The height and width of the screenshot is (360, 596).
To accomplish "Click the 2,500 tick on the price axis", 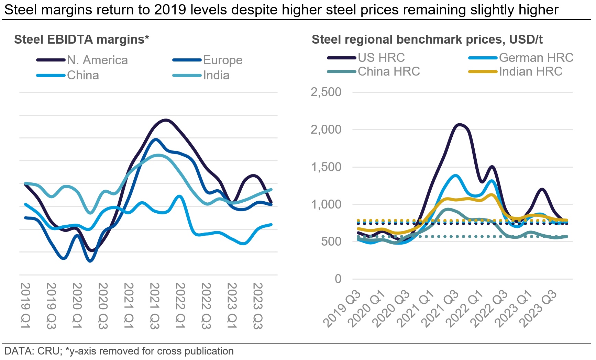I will click(326, 92).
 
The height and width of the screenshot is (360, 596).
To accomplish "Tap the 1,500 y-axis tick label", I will click(326, 167).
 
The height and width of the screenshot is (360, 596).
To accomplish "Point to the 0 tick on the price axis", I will click(338, 279).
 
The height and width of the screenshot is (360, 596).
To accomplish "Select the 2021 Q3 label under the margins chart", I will click(155, 305).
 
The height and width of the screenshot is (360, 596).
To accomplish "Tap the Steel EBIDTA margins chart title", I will click(81, 40).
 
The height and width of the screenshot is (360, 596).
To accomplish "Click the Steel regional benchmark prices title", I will click(427, 40).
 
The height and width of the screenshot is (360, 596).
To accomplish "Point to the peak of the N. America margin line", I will click(166, 120).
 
